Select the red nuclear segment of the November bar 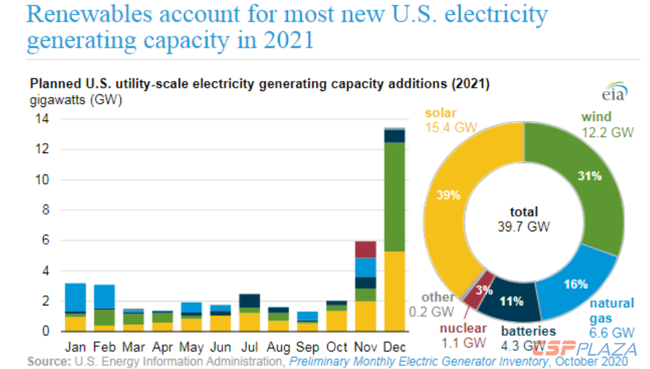[x=365, y=249]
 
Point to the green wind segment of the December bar [x=394, y=197]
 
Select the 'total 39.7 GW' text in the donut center [x=523, y=220]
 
